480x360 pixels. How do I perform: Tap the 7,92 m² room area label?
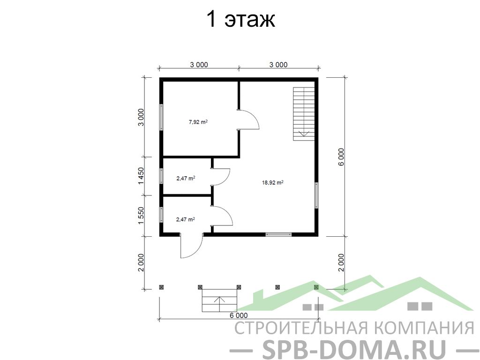198,122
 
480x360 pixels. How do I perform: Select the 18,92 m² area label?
272,183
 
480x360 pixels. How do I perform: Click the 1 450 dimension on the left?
141,176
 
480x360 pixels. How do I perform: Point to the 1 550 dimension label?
141,216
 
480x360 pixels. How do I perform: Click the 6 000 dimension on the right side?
341,157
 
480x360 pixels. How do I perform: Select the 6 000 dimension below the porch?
239,315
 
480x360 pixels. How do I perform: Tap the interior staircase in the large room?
304,114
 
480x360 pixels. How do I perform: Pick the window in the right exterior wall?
316,195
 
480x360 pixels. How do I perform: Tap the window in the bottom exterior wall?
278,234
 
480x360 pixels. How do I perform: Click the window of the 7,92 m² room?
161,117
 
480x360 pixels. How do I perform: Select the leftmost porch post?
161,287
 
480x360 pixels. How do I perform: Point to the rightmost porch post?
316,287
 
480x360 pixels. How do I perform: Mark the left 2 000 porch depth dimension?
141,262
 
